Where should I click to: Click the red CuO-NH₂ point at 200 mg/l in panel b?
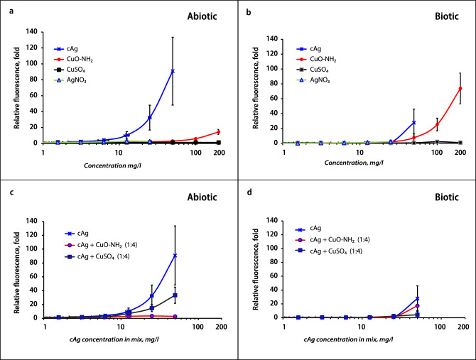click(x=460, y=89)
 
